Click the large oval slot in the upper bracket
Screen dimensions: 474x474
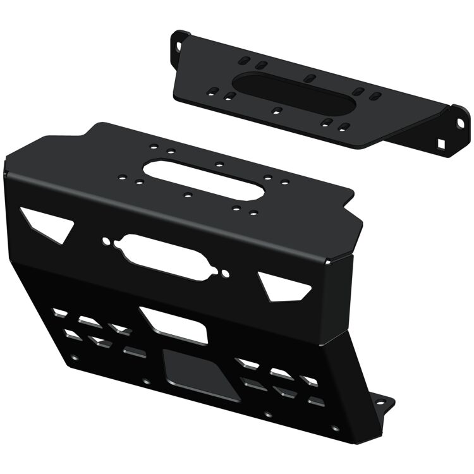[292, 94]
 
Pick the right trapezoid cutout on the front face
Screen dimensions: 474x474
[285, 285]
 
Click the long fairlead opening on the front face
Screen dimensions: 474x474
[166, 255]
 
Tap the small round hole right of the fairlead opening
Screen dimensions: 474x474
[226, 273]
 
